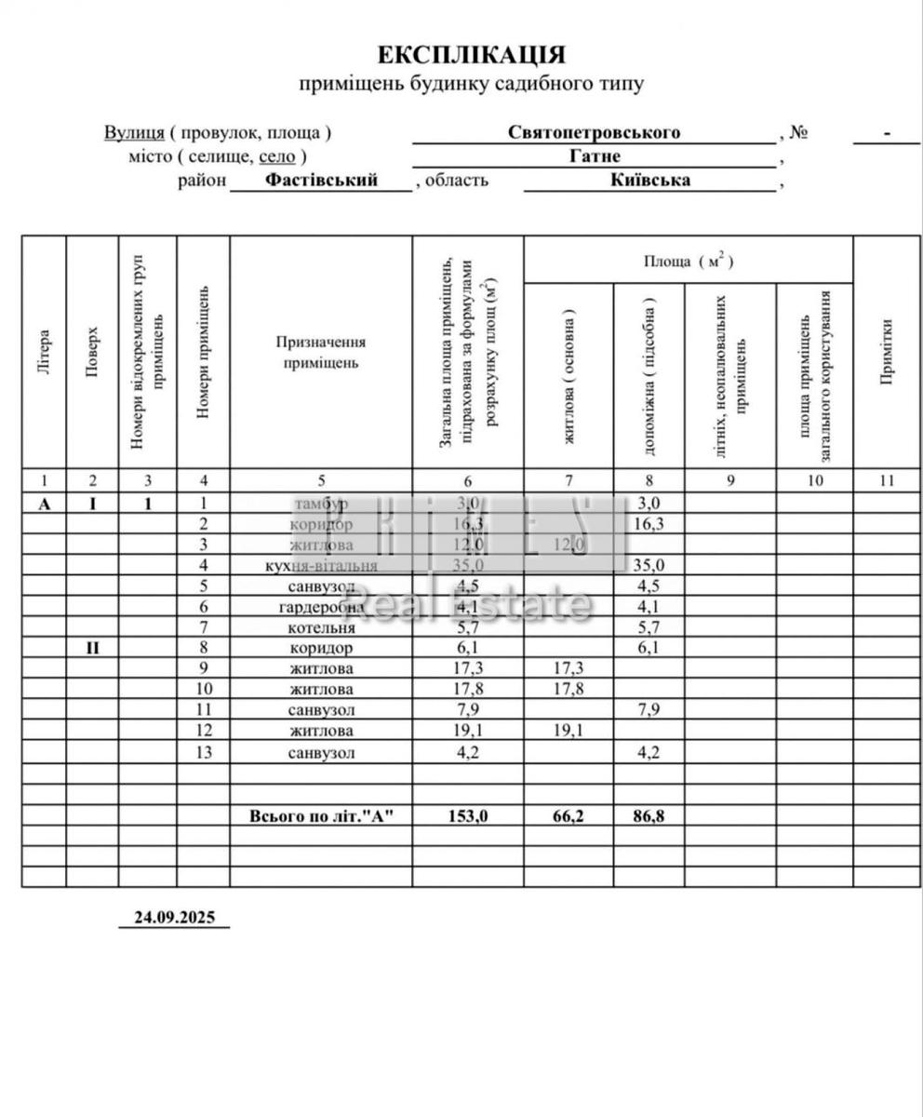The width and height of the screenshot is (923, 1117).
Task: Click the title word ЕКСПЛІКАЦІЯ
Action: [x=471, y=54]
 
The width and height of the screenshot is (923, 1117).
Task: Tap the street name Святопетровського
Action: [x=594, y=132]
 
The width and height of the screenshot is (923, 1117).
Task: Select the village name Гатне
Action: [x=595, y=156]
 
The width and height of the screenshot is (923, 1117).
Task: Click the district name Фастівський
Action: [x=321, y=181]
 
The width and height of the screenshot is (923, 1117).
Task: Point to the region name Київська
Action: [x=650, y=181]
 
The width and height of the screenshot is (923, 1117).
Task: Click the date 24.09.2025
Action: [x=174, y=917]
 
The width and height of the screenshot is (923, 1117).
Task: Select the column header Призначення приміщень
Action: [x=320, y=353]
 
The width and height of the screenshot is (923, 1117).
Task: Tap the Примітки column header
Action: [x=887, y=351]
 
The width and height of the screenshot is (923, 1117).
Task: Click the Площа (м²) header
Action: [x=689, y=262]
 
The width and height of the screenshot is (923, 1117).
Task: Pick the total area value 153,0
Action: [x=467, y=815]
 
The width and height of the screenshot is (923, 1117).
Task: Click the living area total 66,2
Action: [x=569, y=815]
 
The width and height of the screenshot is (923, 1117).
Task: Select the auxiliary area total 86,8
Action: [x=649, y=815]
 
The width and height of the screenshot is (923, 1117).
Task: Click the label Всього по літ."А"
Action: [x=322, y=815]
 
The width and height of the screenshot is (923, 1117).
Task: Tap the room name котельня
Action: [x=321, y=627]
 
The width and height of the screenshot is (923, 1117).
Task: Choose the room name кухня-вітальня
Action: [x=321, y=565]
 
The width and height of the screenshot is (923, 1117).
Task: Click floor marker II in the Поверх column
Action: [x=92, y=647]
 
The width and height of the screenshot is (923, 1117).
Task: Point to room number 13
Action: [x=204, y=752]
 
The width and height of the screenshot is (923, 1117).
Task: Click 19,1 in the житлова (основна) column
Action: [x=569, y=731]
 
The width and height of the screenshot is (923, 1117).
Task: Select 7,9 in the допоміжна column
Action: [x=649, y=710]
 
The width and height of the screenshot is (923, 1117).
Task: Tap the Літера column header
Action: [x=44, y=353]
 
